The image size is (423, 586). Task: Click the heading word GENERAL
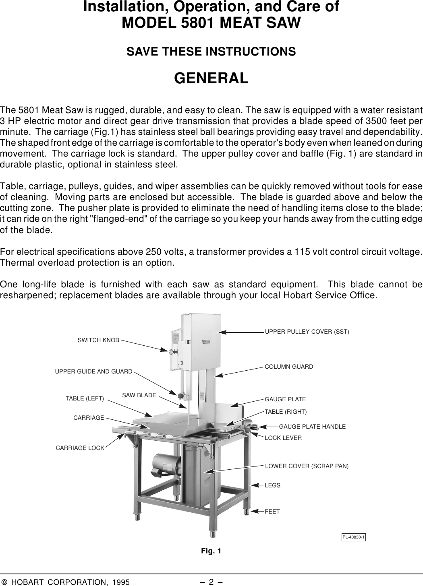(x=211, y=78)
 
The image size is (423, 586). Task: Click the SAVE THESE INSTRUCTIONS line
(x=211, y=52)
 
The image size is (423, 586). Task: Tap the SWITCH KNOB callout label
(x=98, y=340)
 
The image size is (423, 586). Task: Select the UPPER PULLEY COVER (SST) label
(x=307, y=332)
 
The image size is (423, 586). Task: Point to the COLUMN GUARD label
(x=289, y=367)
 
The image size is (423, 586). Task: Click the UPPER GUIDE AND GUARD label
(x=93, y=371)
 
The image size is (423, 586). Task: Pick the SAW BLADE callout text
(x=139, y=395)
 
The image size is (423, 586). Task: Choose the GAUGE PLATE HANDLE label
(x=312, y=426)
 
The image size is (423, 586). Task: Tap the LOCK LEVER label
(x=283, y=437)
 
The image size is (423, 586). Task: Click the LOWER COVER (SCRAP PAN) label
(x=307, y=466)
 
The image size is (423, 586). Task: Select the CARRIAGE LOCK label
(x=80, y=448)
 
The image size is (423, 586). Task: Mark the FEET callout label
(x=272, y=512)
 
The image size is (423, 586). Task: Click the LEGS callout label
(x=272, y=485)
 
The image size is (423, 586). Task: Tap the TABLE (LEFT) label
(x=85, y=399)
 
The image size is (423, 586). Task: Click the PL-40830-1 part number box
(x=354, y=537)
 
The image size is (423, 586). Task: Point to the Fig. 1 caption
(x=211, y=551)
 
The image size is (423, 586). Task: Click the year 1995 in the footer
(x=121, y=582)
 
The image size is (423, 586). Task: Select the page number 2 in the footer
(x=211, y=582)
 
